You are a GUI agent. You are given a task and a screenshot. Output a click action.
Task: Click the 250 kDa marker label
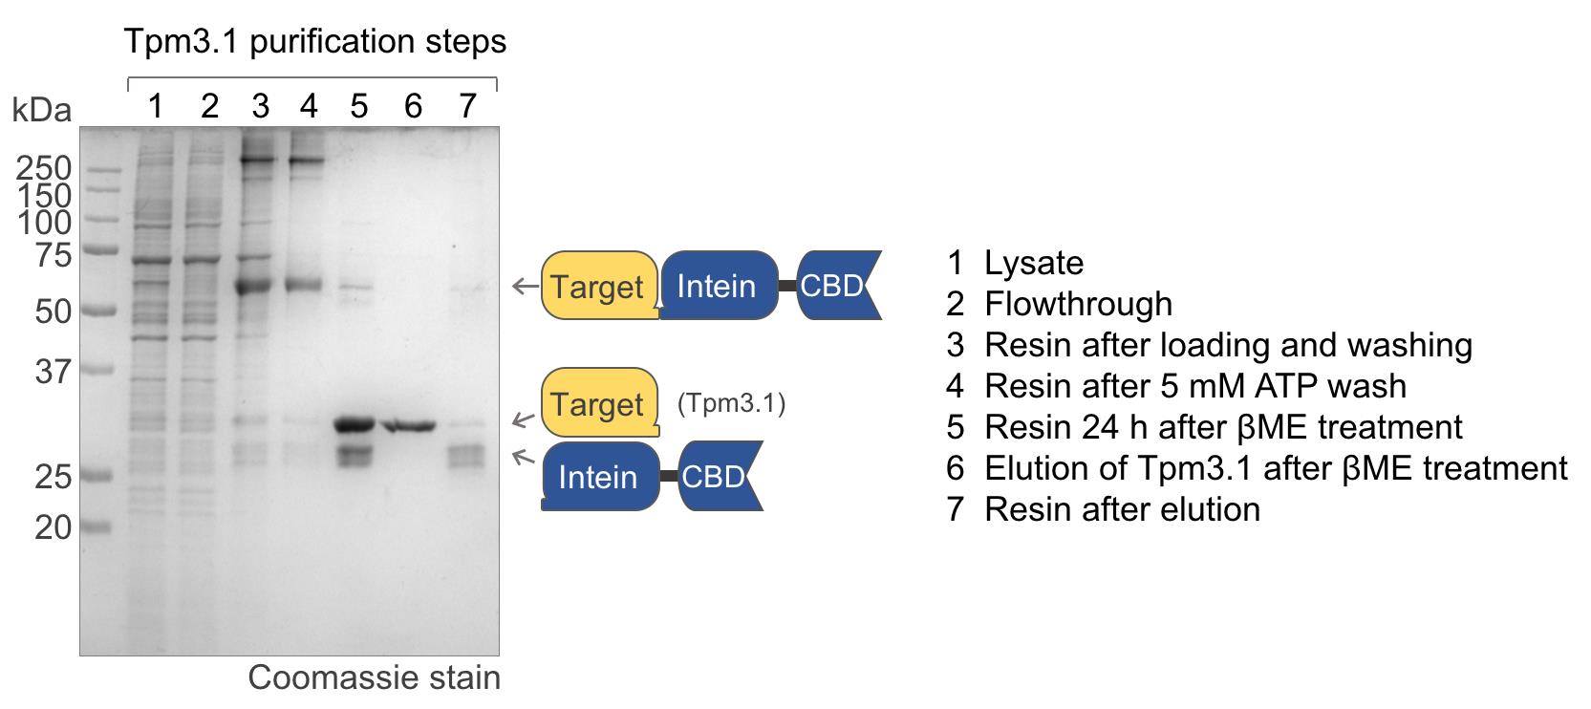tap(43, 169)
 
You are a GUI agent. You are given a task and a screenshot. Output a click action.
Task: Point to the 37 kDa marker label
tap(54, 372)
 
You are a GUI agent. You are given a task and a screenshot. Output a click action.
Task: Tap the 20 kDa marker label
tap(54, 527)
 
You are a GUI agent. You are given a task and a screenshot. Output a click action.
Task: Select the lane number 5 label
tap(359, 107)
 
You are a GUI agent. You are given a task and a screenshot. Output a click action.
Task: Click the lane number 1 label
tap(156, 107)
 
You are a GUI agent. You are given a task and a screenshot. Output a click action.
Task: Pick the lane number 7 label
tap(466, 107)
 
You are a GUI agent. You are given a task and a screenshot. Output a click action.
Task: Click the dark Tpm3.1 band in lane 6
tap(410, 426)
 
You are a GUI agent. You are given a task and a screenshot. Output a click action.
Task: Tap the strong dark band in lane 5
tap(355, 425)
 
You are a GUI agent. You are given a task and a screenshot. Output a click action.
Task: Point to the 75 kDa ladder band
tap(100, 249)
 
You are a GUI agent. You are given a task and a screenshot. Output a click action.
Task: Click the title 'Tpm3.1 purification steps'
tap(315, 41)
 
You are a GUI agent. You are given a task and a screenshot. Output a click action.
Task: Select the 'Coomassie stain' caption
tap(375, 677)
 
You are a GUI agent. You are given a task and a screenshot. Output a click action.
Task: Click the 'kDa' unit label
tap(42, 111)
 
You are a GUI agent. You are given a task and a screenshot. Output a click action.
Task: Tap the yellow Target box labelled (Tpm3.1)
tap(600, 402)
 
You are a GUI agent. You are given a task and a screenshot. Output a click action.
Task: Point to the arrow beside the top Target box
tap(526, 287)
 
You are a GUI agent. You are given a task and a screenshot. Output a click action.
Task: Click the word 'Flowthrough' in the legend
tap(1078, 304)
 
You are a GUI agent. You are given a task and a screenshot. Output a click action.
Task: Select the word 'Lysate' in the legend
tap(1034, 264)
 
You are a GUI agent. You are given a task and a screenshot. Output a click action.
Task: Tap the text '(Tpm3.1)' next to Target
tap(732, 403)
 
